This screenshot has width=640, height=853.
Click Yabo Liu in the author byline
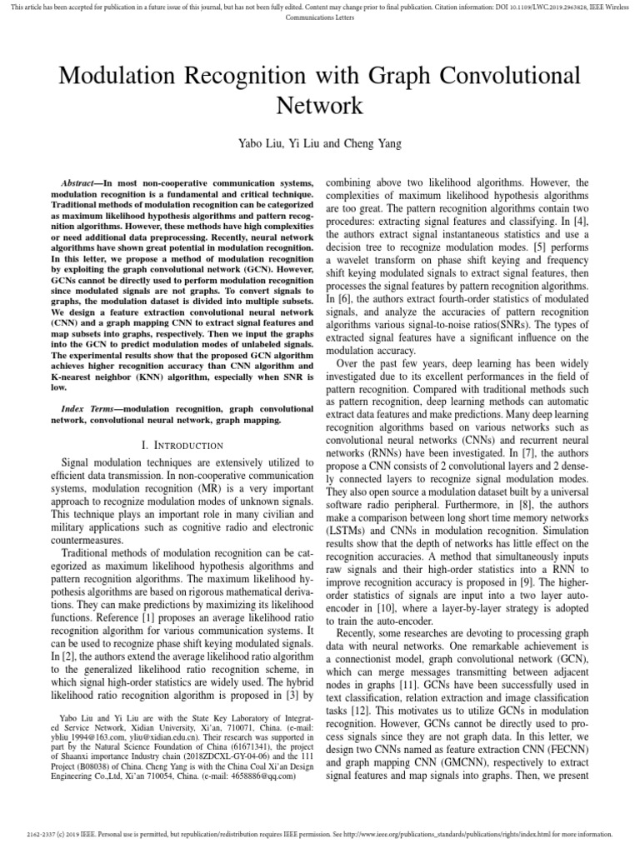point(262,143)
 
